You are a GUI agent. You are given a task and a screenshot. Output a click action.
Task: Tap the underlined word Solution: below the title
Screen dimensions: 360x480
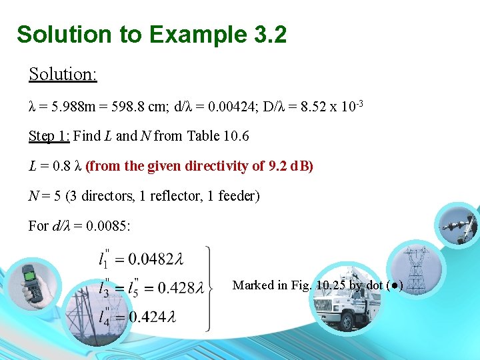pos(63,74)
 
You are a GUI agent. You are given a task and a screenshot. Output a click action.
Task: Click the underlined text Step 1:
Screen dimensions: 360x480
pos(49,137)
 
